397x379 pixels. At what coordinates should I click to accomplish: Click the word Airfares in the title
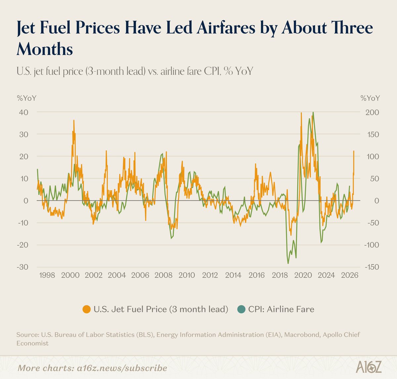tap(227, 28)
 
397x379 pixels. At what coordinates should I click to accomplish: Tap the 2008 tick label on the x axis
tap(163, 275)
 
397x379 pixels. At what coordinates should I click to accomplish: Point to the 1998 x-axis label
tap(47, 275)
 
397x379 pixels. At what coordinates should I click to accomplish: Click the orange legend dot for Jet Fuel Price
tap(87, 309)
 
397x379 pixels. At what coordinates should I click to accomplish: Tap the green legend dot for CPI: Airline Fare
tap(242, 309)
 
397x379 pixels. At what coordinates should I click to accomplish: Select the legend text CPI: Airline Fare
tap(281, 309)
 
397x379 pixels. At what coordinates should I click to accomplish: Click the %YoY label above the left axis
tap(26, 98)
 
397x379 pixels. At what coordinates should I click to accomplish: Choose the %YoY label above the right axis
tap(370, 98)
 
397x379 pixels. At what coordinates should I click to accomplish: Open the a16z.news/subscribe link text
tap(112, 368)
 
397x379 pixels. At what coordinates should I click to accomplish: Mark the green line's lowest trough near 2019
tap(288, 263)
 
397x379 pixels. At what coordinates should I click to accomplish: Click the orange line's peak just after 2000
tap(73, 120)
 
